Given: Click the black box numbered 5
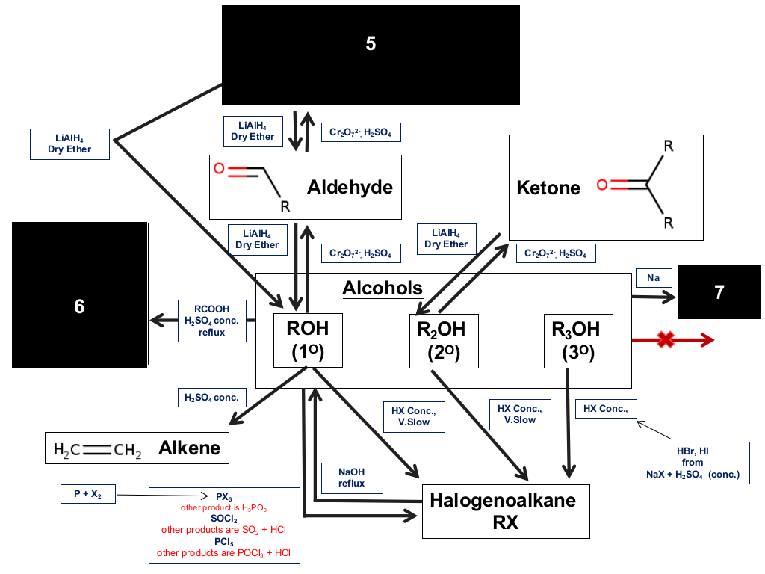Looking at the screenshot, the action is (371, 55).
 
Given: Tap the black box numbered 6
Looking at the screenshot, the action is (79, 295).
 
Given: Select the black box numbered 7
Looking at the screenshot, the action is (719, 292).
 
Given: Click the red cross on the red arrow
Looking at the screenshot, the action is (666, 340).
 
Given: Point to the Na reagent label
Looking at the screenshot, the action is (654, 278).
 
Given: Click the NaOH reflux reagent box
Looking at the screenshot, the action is (352, 478).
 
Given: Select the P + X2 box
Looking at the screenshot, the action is (88, 494).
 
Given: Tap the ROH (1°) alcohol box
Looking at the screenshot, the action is (308, 340).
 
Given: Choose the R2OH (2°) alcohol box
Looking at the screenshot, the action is (444, 341).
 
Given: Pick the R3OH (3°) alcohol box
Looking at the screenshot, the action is (578, 341).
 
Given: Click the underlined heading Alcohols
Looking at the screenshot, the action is (382, 288).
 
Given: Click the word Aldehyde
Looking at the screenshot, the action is (350, 188).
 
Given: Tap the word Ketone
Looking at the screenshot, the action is (548, 188).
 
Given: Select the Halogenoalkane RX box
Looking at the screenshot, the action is (506, 511).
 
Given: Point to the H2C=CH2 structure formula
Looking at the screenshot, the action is (98, 449).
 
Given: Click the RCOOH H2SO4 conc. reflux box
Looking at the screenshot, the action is (212, 321).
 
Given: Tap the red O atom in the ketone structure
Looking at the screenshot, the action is (603, 185).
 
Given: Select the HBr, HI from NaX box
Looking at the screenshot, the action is (693, 463).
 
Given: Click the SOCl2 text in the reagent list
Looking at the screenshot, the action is (224, 519).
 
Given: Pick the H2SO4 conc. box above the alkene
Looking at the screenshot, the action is (211, 398).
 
